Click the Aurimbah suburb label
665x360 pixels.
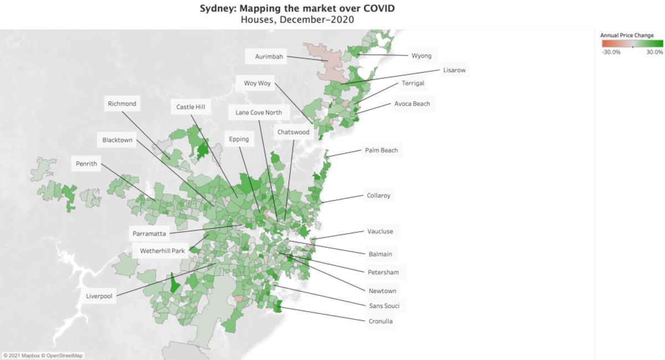pos(269,56)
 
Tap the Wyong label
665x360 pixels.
pos(421,55)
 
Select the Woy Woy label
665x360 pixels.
pos(257,84)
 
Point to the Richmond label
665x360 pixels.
pos(122,104)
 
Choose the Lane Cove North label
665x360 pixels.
pos(258,112)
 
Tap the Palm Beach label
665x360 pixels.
pos(381,150)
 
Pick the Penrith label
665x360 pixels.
pos(86,164)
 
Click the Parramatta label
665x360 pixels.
pos(149,234)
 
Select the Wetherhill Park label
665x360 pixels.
pos(162,251)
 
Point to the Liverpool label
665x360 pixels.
pos(99,296)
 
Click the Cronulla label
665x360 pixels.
pos(381,321)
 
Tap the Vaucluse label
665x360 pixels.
pos(380,232)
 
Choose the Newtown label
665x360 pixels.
pos(382,291)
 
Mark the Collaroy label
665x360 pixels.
pos(378,196)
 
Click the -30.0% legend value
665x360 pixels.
pos(611,52)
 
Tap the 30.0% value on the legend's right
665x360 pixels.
pos(654,52)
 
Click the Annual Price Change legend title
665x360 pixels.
pos(627,35)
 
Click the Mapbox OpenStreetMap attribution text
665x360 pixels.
pos(43,356)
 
